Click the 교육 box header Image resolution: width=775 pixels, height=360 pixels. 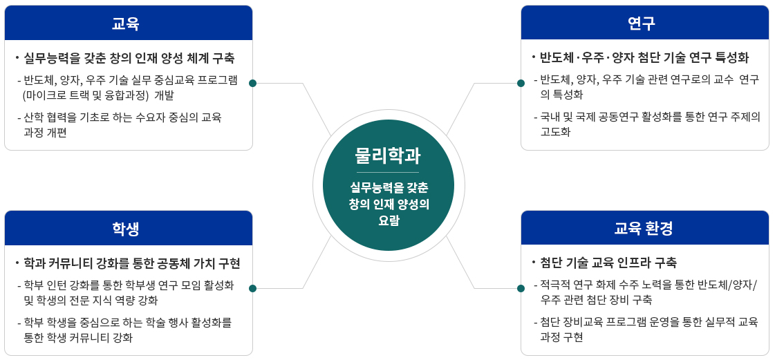coord(129,23)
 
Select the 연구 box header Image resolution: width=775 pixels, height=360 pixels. coord(644,23)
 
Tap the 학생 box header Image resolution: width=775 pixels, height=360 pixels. coord(129,228)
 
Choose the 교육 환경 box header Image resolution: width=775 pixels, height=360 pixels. coord(644,228)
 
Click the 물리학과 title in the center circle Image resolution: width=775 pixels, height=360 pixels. coord(388,155)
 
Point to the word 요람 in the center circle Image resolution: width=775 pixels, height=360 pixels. coord(388,221)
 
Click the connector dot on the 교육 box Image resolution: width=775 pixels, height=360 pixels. coord(252,83)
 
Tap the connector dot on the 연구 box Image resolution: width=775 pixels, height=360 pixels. coord(521,83)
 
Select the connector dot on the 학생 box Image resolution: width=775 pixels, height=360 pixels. coord(252,288)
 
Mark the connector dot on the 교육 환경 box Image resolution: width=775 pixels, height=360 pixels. coord(521,288)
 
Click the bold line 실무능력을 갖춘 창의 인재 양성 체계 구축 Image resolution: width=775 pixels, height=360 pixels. coord(129,57)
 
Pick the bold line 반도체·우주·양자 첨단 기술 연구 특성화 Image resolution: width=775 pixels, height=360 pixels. coord(644,57)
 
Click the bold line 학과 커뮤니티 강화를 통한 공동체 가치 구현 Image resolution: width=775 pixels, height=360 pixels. coord(131,263)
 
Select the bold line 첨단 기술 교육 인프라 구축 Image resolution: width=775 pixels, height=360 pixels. coord(608,263)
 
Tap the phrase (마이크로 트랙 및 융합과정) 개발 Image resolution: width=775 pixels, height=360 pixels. coord(98,95)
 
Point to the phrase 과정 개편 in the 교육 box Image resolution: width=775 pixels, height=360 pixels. coord(45,132)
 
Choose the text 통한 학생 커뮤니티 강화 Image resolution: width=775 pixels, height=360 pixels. coord(77,337)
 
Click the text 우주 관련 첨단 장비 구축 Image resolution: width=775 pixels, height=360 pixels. coord(596,300)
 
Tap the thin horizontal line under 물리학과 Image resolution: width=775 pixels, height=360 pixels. coord(388,172)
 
